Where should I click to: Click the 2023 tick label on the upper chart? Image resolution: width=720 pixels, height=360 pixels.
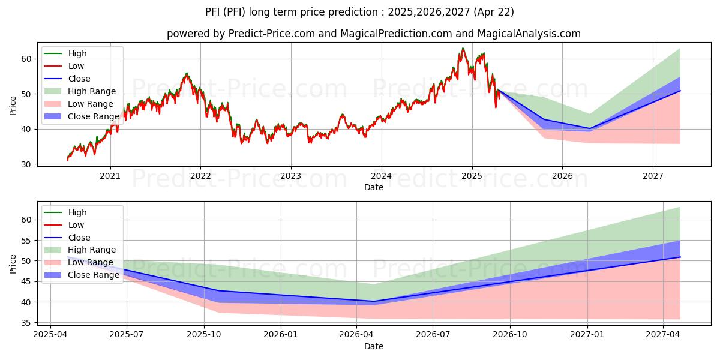[x=291, y=176]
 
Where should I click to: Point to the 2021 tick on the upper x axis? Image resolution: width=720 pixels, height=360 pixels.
[x=110, y=176]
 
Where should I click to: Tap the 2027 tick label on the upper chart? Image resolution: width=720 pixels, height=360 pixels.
[x=653, y=176]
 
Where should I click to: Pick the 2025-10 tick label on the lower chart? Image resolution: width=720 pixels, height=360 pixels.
[x=204, y=334]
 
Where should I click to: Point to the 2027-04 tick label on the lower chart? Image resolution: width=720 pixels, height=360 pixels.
[x=663, y=334]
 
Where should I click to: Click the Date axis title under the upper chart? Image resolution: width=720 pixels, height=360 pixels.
[x=374, y=187]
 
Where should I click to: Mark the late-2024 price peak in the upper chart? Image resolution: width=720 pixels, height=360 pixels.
[x=463, y=48]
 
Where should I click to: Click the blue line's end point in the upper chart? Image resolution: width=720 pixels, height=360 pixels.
[x=680, y=91]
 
